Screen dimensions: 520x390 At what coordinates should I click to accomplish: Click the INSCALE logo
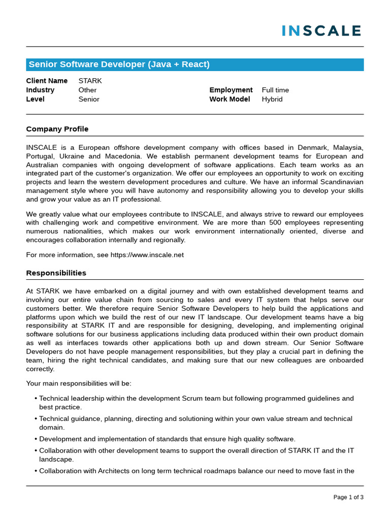tap(321, 30)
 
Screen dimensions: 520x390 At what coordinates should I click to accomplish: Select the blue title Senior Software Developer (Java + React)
tap(119, 64)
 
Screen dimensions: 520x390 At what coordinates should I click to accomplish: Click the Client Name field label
tap(47, 81)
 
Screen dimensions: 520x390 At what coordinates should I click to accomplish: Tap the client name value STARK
tap(90, 81)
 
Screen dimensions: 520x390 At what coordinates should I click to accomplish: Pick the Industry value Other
tap(87, 90)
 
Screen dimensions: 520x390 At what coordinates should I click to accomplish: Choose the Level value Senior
tap(89, 99)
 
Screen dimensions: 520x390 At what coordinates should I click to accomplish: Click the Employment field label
tap(231, 90)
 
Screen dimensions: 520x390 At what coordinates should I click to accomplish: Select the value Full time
tap(275, 90)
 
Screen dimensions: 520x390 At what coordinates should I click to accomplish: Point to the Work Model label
tap(230, 99)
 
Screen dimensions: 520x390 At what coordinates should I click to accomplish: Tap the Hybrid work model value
tap(272, 99)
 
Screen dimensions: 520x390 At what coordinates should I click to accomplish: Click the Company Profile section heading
tap(57, 129)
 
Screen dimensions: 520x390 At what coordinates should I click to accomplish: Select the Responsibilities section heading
tap(56, 273)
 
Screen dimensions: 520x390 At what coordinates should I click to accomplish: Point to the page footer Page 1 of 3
tap(348, 497)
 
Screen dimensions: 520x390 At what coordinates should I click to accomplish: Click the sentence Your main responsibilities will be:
tap(78, 383)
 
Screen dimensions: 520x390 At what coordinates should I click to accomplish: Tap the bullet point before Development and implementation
tap(36, 439)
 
